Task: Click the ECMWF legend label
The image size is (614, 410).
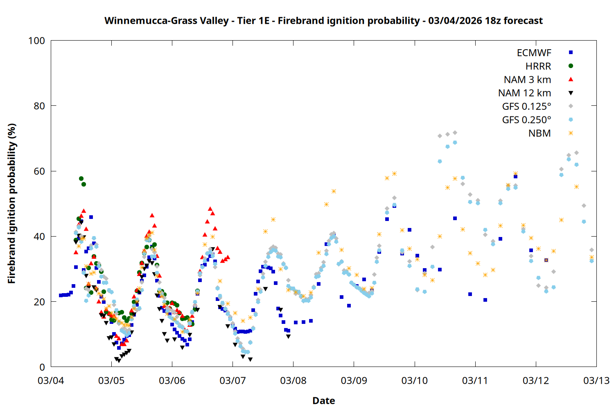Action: (x=534, y=53)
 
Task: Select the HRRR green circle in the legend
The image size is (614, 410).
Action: (x=571, y=66)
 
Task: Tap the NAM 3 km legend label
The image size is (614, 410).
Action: (x=527, y=80)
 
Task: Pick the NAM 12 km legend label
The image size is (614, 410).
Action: (x=524, y=93)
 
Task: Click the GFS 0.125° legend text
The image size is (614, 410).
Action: (x=526, y=107)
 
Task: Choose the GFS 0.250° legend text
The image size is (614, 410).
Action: (x=526, y=120)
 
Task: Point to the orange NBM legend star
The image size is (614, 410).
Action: (x=571, y=133)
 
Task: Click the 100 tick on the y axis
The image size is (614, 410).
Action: (x=36, y=41)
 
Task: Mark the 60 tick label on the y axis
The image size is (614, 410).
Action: (x=39, y=171)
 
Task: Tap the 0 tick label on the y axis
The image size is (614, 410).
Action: (x=42, y=367)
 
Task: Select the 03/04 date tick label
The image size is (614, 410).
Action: (x=51, y=380)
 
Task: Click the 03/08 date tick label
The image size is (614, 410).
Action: (x=293, y=380)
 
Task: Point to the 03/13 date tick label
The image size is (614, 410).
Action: (x=596, y=380)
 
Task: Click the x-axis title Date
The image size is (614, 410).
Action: (x=323, y=401)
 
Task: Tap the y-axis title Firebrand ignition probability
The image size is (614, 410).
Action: (x=11, y=204)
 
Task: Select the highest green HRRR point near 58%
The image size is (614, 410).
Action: (x=81, y=179)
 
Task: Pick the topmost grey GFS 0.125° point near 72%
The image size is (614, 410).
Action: (x=455, y=133)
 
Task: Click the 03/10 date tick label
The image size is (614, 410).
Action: (x=414, y=380)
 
